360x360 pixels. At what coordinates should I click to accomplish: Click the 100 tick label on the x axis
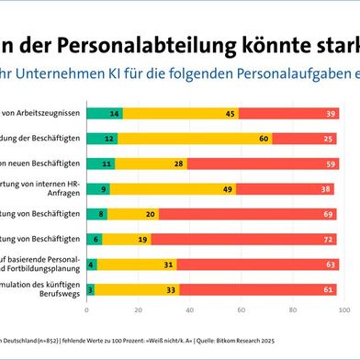tap(343, 310)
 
